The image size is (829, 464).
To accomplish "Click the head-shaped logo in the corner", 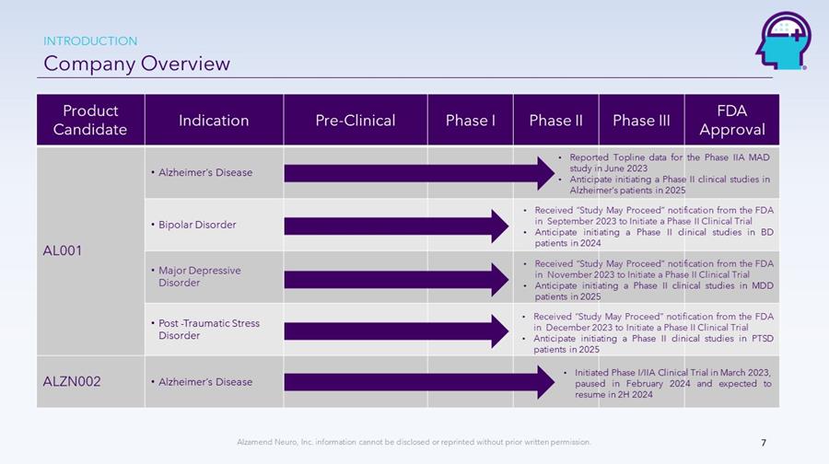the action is point(783,41).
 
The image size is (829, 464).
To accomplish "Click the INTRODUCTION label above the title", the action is point(90,41).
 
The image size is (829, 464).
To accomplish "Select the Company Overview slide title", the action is point(137,64).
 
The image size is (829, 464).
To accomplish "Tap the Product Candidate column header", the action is point(90,120).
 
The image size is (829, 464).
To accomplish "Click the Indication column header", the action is point(214,121).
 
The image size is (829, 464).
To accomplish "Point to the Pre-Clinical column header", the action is point(356,121).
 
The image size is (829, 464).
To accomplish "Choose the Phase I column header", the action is point(470,121).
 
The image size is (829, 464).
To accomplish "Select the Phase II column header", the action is point(555,121).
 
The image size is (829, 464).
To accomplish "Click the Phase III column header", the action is point(641,121).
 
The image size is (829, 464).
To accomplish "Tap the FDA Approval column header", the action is point(732,120).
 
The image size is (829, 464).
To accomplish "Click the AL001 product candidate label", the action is point(63,250).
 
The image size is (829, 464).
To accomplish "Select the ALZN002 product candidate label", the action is point(71,381).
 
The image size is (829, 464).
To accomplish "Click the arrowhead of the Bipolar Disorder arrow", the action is point(500,226).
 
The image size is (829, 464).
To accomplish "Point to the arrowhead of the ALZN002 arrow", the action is point(546,381).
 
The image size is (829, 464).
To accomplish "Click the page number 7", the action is point(764,443).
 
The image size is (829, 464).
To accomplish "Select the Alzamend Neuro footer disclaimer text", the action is point(414,442).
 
